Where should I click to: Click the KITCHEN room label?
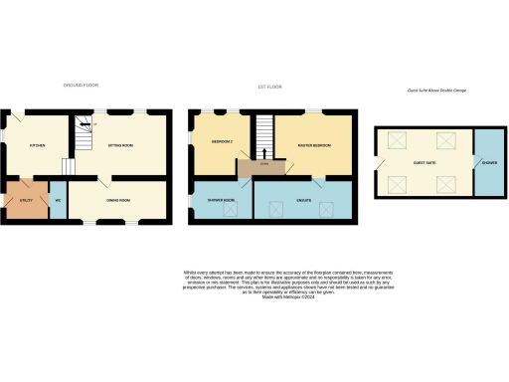(37, 145)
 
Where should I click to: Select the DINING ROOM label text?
(121, 199)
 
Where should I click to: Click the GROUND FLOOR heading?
(81, 87)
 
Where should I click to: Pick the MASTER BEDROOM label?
(313, 145)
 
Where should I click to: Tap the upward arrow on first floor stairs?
(263, 152)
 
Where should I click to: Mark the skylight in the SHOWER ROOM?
(226, 209)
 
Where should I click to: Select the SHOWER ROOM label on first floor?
(222, 199)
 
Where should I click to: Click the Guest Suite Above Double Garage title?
(436, 91)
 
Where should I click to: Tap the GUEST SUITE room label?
(424, 163)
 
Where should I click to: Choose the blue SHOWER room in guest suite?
(488, 163)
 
